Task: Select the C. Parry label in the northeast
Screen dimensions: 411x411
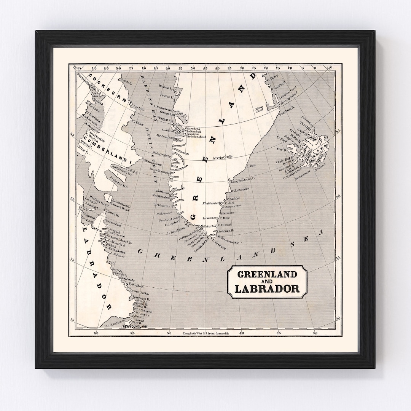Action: click(272, 80)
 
